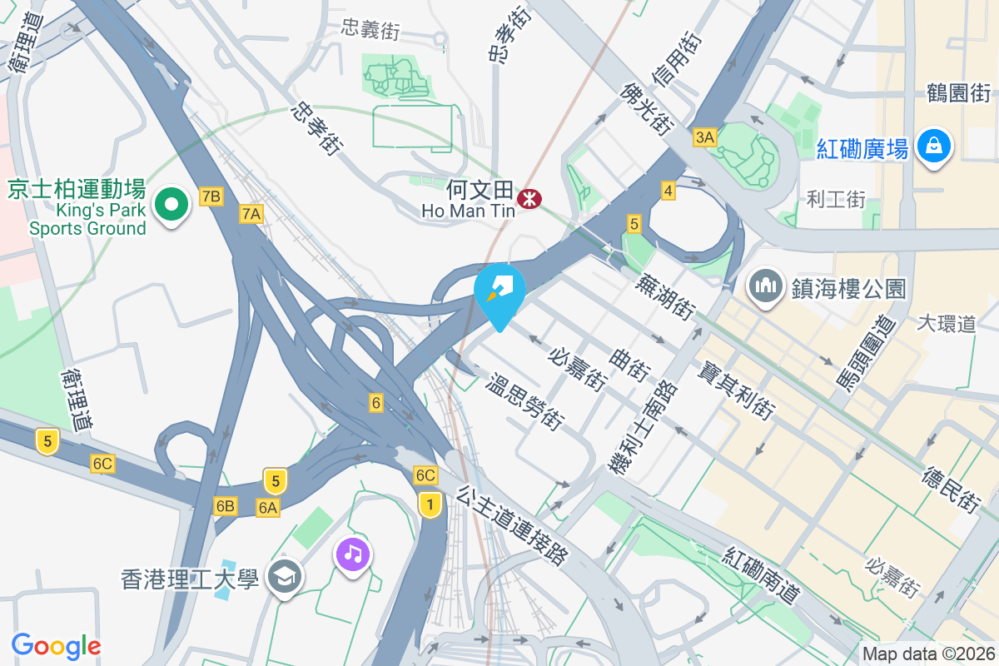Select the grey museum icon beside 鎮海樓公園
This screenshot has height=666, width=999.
point(764,287)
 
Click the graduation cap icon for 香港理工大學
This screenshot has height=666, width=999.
point(285,577)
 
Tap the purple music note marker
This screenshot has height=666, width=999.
point(353,554)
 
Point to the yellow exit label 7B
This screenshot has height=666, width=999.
point(211,196)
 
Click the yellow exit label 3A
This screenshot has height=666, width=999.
point(704,138)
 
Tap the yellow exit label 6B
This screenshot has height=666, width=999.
point(225,505)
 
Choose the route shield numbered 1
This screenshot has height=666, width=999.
point(430,504)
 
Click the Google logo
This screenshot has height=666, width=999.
point(56,645)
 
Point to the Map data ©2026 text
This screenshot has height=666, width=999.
point(927,654)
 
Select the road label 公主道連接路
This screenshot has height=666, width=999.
point(511,525)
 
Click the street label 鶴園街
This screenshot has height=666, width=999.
point(959,92)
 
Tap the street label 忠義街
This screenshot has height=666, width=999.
point(370,30)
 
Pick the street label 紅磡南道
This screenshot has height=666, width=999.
point(762,575)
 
